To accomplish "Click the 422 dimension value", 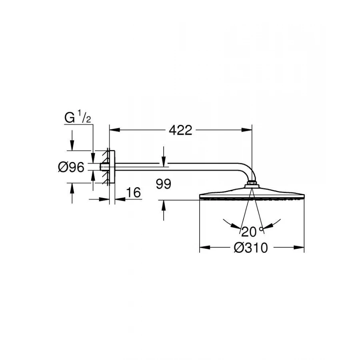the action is [180, 130].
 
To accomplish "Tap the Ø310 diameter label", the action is [251, 248].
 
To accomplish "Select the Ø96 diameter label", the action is [71, 167].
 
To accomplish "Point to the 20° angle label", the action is [252, 232].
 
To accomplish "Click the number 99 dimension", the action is [164, 184].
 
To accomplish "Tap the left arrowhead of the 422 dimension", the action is [114, 130].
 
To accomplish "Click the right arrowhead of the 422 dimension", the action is [247, 130].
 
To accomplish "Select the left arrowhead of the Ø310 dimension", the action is [205, 248].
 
